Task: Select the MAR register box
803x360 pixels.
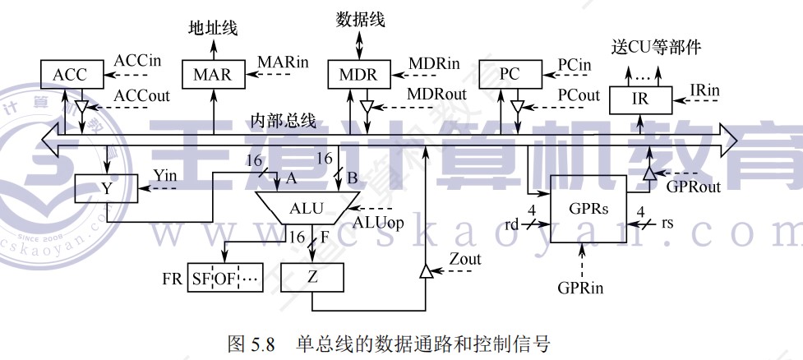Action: (213, 75)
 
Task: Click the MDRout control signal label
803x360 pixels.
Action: (436, 94)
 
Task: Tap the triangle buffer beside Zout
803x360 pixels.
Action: (426, 270)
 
